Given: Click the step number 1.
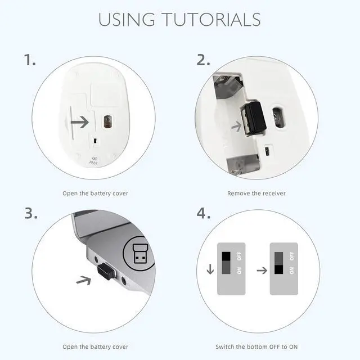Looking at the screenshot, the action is (30, 60).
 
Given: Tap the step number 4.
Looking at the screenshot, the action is (204, 213).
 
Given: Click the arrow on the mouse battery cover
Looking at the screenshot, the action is (80, 122).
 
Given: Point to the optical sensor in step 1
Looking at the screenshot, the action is (107, 121).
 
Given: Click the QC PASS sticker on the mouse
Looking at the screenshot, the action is (94, 161).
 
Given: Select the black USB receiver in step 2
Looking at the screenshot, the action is (254, 118).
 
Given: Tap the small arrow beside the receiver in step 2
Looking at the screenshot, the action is (236, 126).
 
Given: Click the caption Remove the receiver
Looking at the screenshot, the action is (256, 193).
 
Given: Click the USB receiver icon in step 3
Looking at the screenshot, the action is (140, 254).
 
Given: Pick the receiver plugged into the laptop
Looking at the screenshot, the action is (107, 271).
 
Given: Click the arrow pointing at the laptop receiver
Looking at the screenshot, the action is (84, 280).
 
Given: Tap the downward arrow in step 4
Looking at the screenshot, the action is (210, 269).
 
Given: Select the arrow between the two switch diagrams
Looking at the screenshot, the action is (262, 271).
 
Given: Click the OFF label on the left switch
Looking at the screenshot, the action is (240, 256).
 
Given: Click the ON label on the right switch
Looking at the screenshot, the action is (292, 271).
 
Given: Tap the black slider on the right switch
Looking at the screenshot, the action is (279, 269).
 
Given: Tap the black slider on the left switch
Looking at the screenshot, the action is (226, 256).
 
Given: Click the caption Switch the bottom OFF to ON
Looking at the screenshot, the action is (256, 346).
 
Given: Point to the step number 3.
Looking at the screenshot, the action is (31, 213).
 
